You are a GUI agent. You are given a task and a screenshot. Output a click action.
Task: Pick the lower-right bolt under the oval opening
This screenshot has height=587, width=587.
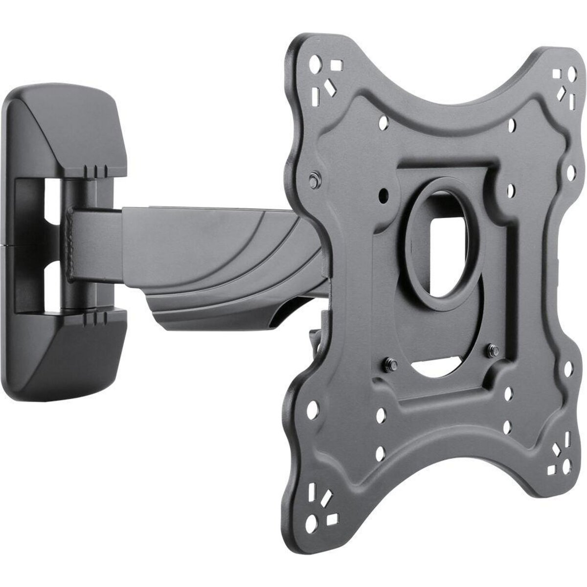click(x=492, y=350)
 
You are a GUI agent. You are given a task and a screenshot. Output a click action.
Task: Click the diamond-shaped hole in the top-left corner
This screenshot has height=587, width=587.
click(x=326, y=88)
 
